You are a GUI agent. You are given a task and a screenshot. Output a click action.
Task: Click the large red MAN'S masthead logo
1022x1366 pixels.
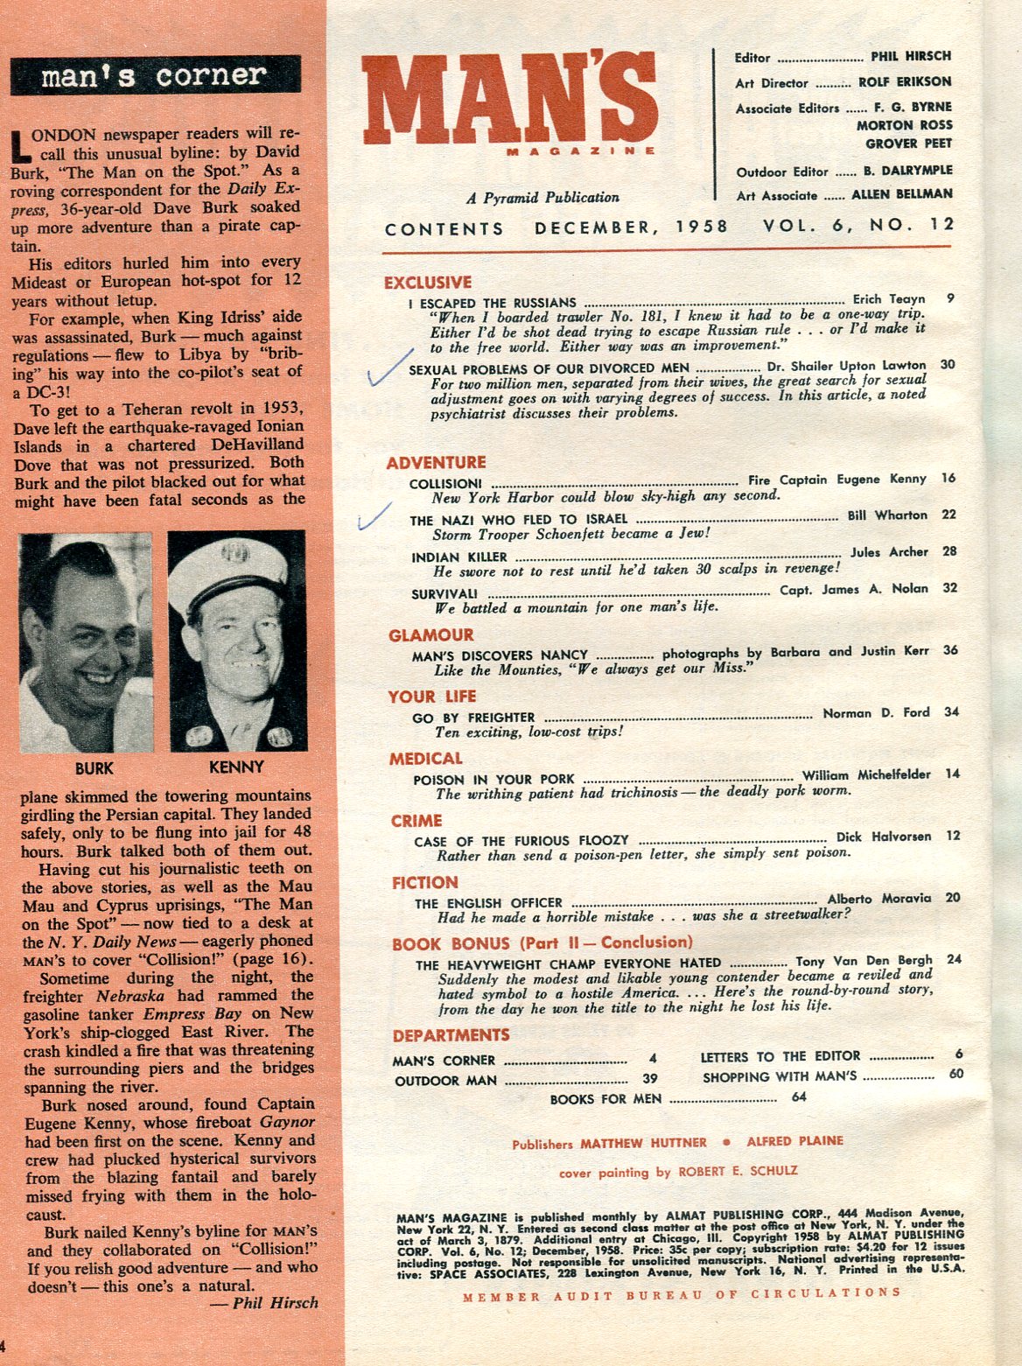tap(509, 103)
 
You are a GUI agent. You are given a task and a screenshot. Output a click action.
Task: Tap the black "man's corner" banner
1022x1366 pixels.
tap(156, 75)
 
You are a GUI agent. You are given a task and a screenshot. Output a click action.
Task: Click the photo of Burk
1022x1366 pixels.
tap(85, 641)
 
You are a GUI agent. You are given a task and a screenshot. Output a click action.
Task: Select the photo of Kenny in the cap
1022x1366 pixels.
tap(236, 641)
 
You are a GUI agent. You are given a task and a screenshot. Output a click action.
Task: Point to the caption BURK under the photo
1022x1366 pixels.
tap(94, 768)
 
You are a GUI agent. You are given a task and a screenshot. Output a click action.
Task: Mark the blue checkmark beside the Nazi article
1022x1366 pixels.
tap(374, 516)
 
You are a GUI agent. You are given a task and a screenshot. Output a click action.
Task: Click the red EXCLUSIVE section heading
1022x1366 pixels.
tap(428, 283)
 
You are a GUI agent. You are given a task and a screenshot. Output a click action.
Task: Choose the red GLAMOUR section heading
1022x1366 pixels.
tap(431, 635)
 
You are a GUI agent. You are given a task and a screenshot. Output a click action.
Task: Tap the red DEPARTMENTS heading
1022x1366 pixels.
tap(451, 1036)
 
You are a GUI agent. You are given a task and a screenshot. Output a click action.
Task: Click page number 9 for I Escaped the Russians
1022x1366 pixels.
tap(950, 299)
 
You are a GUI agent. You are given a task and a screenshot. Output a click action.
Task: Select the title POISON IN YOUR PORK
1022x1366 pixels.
tap(494, 779)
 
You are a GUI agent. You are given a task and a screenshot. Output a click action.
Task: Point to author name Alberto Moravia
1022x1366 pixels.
tap(879, 899)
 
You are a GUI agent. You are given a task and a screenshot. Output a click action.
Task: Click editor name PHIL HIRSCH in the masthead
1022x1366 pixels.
tap(910, 56)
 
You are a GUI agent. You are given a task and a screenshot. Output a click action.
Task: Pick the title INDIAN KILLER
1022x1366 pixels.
tap(459, 557)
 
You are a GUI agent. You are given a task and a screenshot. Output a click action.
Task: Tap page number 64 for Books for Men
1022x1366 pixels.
tap(798, 1096)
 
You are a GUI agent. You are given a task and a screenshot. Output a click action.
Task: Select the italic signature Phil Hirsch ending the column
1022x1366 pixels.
tap(276, 1303)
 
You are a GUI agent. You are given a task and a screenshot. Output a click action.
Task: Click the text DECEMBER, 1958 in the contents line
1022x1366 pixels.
tap(631, 228)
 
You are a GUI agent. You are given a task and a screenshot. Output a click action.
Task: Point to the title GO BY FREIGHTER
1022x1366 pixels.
tap(473, 718)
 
